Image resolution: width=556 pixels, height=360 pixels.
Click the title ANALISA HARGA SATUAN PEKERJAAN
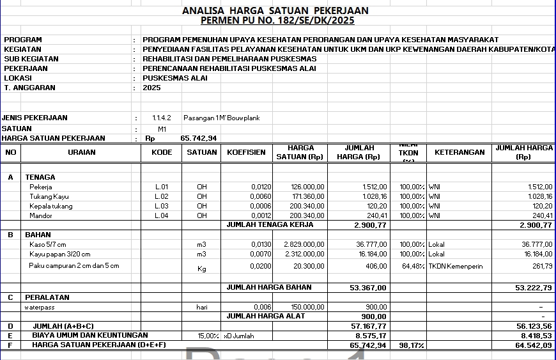(275, 11)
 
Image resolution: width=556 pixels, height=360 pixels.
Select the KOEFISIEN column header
(246, 153)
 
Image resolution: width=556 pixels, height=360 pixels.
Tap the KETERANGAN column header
(459, 153)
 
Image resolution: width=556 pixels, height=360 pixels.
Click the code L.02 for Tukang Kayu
(161, 197)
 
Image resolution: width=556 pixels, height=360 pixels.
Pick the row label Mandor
(41, 216)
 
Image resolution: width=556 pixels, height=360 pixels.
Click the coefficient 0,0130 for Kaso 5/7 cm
(261, 245)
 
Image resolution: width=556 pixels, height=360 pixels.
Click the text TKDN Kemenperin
(456, 266)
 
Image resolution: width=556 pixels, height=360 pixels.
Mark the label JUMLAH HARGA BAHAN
(269, 288)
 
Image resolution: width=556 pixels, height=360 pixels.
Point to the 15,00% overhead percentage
(208, 336)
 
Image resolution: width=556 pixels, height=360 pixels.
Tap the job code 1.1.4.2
(162, 118)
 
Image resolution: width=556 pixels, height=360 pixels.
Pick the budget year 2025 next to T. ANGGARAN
(151, 88)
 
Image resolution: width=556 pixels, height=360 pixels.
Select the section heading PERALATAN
(47, 297)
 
